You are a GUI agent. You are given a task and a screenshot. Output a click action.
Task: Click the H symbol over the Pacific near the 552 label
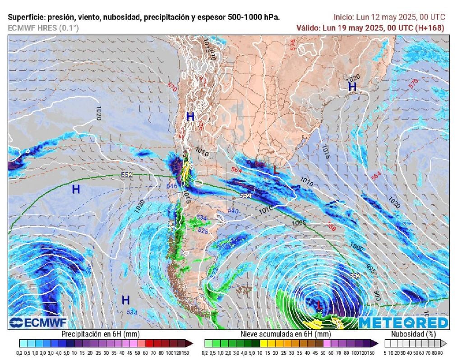coord(76,189)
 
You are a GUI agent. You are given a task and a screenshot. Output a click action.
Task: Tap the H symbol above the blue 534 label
coord(125,300)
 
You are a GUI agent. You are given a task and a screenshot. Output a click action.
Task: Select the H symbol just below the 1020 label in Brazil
coord(352,87)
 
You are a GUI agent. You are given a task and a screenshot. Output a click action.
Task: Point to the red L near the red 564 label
coord(276,170)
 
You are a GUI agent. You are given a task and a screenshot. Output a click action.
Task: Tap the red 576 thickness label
coord(293,45)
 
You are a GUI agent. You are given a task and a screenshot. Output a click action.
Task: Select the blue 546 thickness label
coord(171,185)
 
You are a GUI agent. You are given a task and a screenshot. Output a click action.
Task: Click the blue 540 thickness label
coord(233,210)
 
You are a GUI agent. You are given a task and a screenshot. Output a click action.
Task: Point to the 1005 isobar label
coord(299,223)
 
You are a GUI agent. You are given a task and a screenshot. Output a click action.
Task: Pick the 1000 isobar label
coord(356,248)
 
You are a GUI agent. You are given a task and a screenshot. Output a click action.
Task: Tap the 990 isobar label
coord(377,295)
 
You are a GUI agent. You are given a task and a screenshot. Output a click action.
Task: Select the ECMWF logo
coord(38,322)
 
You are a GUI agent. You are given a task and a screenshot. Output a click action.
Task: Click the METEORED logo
coord(403,322)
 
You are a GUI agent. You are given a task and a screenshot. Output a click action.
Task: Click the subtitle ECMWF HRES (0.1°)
coord(43,28)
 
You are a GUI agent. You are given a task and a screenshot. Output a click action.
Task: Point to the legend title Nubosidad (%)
coord(414,334)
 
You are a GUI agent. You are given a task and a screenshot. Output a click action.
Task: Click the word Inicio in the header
coord(343,17)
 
